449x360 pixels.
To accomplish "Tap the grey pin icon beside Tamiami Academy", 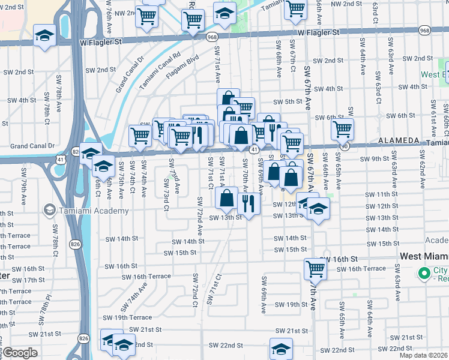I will [x=49, y=211].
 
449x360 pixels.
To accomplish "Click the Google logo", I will [x=20, y=353].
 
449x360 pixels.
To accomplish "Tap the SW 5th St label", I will [x=286, y=101].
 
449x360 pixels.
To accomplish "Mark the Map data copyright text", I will [x=423, y=355].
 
